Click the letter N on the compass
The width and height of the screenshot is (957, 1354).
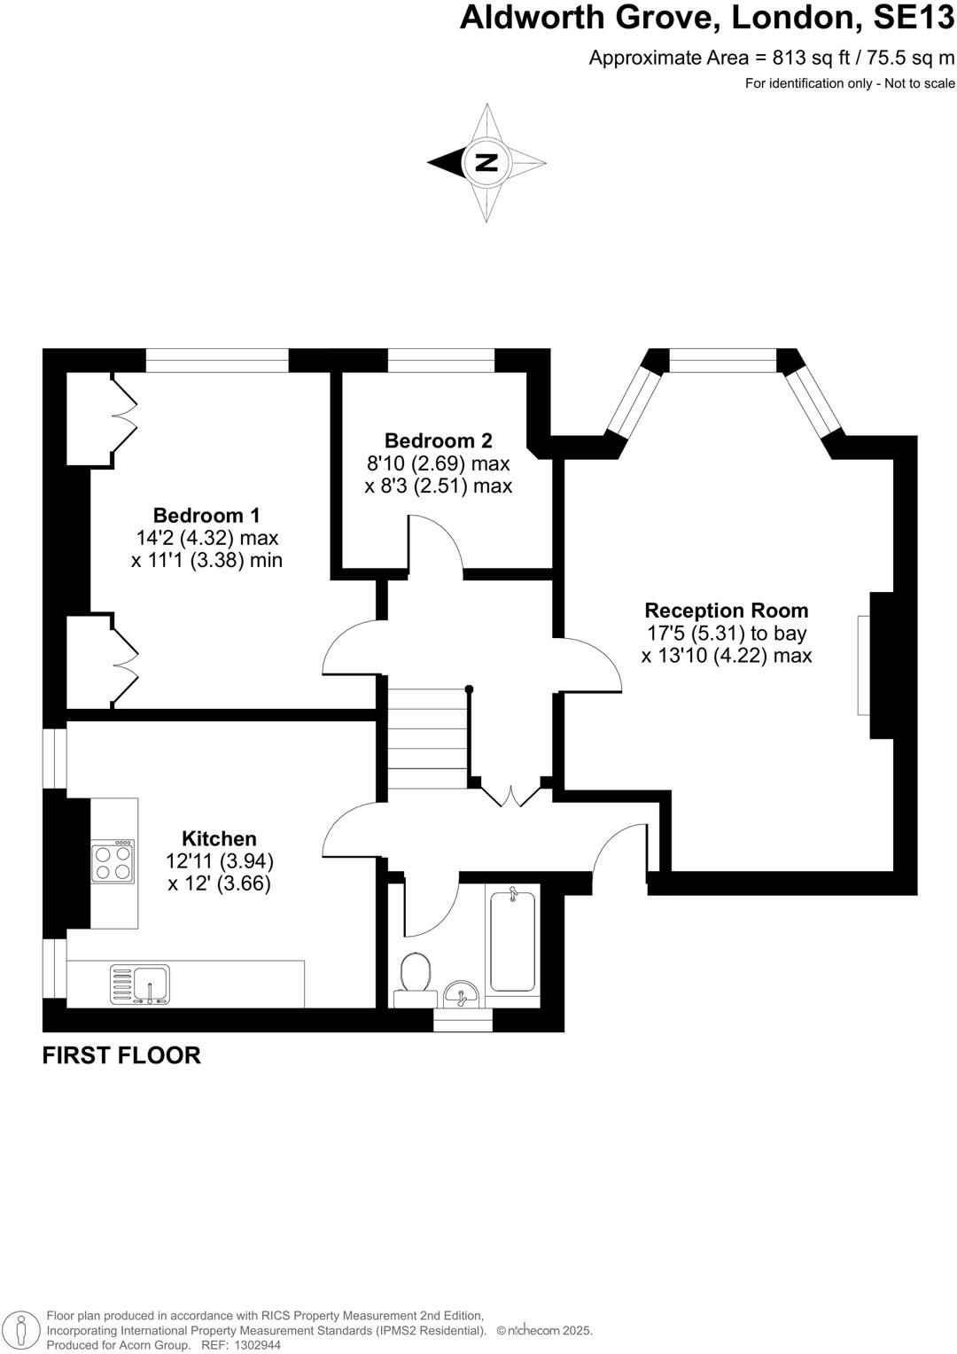tap(486, 162)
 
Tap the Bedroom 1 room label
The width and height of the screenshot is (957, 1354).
tap(206, 515)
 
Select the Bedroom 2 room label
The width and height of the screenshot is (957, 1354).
tap(438, 440)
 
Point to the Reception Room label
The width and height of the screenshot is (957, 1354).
tap(726, 611)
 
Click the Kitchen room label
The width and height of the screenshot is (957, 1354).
tap(219, 838)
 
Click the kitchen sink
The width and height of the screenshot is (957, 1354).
tap(139, 984)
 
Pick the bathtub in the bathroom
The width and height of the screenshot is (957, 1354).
tap(512, 941)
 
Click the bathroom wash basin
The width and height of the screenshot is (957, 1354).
tap(461, 994)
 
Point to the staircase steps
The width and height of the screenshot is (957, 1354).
tap(427, 739)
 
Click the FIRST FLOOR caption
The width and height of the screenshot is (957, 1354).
tap(121, 1055)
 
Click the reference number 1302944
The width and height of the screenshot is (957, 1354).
tap(257, 1345)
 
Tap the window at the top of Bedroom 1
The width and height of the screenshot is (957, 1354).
tap(217, 360)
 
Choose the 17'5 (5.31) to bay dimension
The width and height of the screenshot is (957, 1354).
tap(727, 634)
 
